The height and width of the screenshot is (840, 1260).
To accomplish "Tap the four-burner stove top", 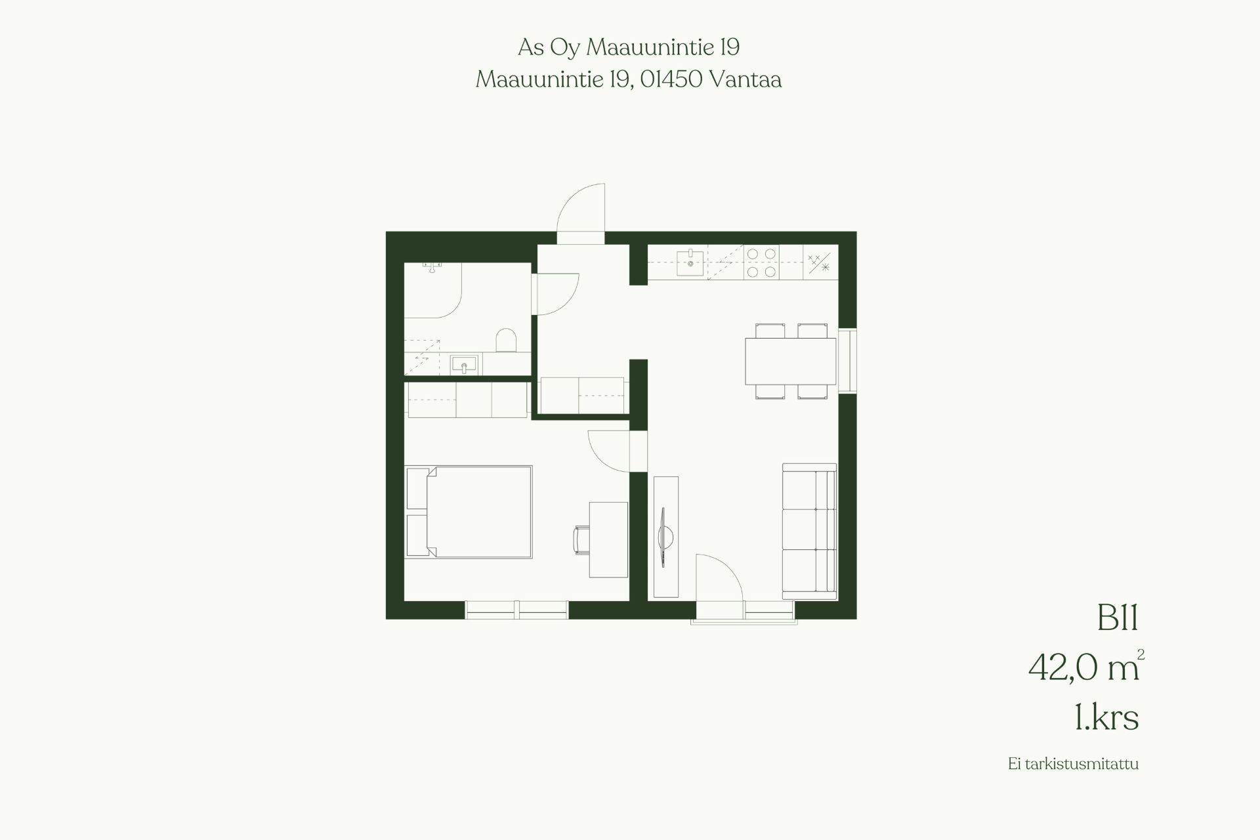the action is coord(761,262).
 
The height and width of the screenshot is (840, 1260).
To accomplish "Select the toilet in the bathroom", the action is coord(506,341).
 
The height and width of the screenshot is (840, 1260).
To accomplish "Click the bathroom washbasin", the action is coord(465,364).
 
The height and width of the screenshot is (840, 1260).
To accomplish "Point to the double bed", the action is coord(469,512).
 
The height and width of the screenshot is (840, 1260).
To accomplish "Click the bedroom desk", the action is coord(608,539).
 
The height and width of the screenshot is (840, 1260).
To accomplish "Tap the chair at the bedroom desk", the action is coord(581,539).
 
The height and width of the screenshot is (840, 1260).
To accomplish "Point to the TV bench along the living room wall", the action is coord(666,537).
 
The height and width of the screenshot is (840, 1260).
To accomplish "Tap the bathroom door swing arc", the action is coord(558,294).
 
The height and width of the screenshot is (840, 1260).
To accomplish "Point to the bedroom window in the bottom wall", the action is coord(516,610).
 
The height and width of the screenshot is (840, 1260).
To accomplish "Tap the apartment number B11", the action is coord(1117,618).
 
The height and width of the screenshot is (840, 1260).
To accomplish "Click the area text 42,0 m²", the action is coord(1086,666).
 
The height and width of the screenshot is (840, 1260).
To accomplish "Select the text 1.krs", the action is coord(1106,718).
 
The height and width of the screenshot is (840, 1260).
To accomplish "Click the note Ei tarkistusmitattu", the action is coord(1074,782).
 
